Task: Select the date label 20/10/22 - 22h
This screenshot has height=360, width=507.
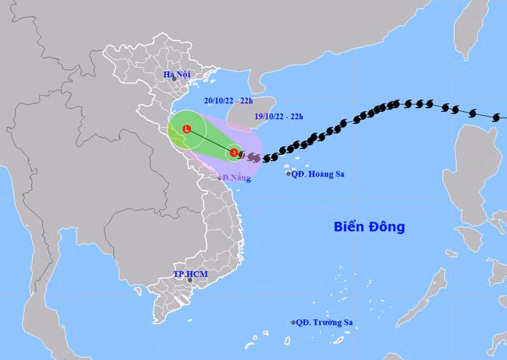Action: coord(228,100)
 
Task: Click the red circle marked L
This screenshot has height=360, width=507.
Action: coord(187,129)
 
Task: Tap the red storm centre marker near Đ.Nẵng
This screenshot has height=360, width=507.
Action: coord(234,152)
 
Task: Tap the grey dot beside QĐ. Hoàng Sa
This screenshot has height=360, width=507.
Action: coord(289,174)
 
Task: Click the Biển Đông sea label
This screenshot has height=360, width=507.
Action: coord(369,226)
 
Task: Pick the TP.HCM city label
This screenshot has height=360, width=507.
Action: coord(188,273)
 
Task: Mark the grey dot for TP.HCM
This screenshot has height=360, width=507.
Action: coord(190,280)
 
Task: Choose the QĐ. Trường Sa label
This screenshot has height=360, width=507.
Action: coord(328,322)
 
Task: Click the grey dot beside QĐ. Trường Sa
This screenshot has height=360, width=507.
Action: coord(293,322)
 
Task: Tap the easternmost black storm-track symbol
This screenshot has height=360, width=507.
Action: coord(496,117)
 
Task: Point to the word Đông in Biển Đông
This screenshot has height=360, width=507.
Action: coord(388,226)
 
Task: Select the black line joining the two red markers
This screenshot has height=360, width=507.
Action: coord(210,141)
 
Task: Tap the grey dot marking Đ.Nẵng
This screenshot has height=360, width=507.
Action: coord(219,178)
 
